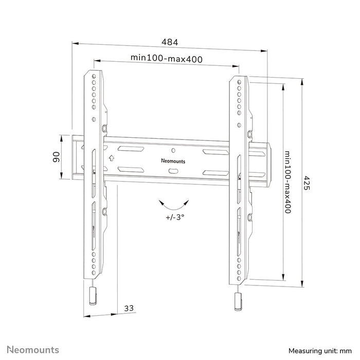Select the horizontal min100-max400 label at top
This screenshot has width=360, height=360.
pyautogui.click(x=166, y=59)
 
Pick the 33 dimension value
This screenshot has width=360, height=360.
pyautogui.click(x=129, y=308)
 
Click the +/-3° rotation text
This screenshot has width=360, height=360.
pyautogui.click(x=175, y=217)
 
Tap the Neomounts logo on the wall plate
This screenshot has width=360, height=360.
pyautogui.click(x=174, y=160)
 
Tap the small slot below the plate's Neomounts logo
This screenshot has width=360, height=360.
pyautogui.click(x=174, y=170)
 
